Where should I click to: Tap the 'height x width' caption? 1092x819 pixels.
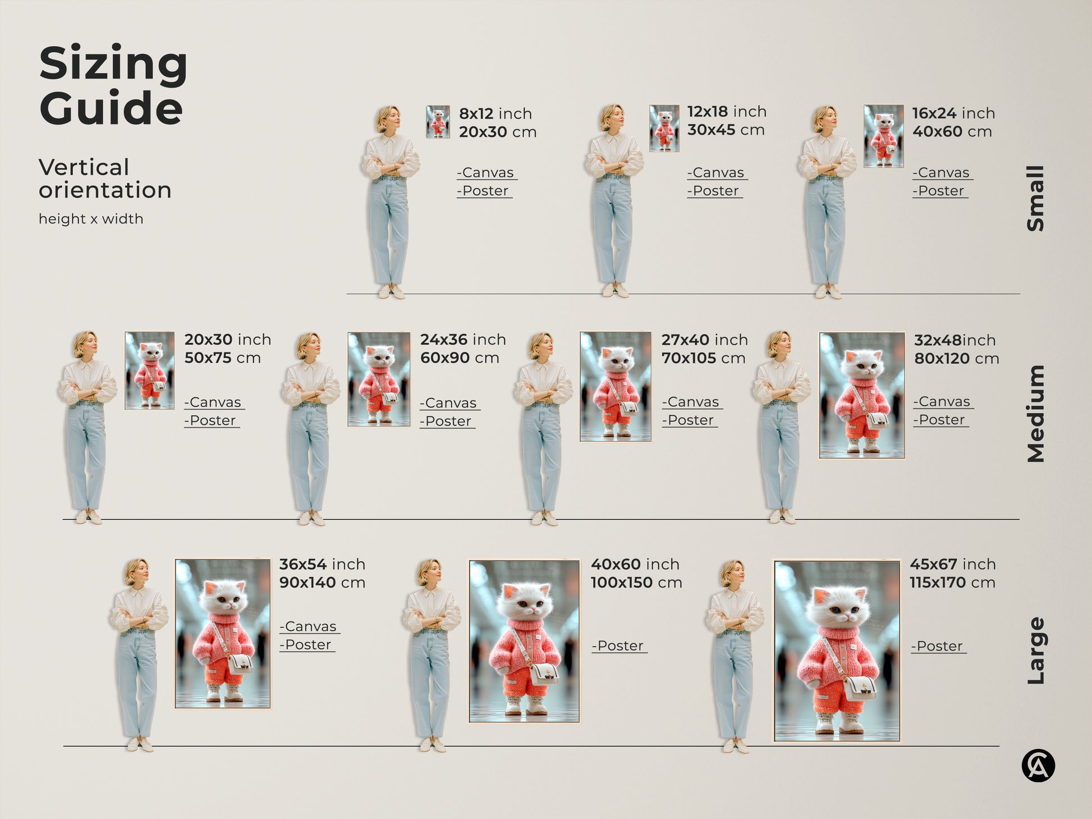click(91, 219)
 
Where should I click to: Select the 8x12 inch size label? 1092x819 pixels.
click(495, 113)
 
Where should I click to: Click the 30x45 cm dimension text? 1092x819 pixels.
click(726, 130)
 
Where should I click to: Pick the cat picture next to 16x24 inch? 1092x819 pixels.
click(883, 136)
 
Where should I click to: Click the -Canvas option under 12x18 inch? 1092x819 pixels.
click(717, 173)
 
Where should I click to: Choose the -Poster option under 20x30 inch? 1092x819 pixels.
click(211, 420)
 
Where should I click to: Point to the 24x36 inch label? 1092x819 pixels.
click(462, 340)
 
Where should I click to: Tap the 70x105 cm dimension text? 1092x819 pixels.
click(703, 358)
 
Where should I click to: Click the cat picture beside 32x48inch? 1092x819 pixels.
click(861, 395)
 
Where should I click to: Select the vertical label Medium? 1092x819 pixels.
click(1036, 414)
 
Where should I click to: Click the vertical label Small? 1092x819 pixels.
click(1036, 198)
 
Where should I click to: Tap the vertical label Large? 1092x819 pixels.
click(1036, 651)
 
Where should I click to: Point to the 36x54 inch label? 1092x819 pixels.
click(322, 564)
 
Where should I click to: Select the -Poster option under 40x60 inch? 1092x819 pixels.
click(619, 646)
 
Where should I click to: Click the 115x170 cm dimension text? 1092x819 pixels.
click(952, 583)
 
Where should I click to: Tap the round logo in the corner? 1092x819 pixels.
click(1038, 766)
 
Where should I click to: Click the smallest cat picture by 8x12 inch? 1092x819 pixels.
click(438, 122)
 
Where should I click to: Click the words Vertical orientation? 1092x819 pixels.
click(104, 179)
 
